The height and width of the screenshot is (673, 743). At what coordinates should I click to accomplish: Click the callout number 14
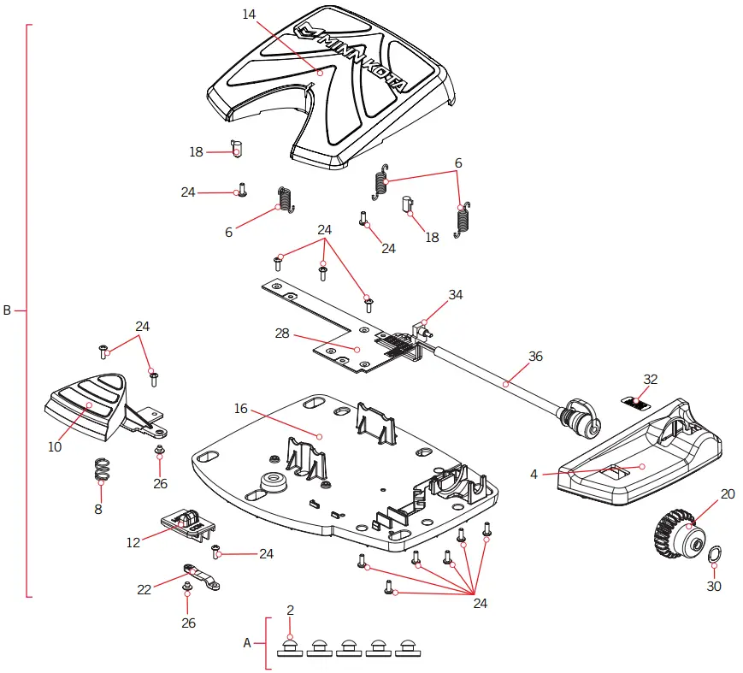(x=249, y=15)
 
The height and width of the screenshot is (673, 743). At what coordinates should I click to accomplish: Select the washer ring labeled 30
(x=713, y=558)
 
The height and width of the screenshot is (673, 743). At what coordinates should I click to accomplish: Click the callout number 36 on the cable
(x=535, y=356)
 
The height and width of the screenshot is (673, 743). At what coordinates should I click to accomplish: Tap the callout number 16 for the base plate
(x=241, y=409)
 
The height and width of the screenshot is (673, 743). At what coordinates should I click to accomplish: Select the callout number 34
(x=456, y=294)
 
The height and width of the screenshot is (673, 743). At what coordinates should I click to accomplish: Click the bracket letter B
(x=7, y=310)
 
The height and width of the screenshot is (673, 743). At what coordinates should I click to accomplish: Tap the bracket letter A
(x=247, y=642)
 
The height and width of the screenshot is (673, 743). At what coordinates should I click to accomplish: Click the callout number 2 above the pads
(x=291, y=610)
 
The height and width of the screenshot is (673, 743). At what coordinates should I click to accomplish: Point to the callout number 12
(x=133, y=542)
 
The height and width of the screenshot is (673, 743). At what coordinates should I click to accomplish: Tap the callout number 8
(x=98, y=509)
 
